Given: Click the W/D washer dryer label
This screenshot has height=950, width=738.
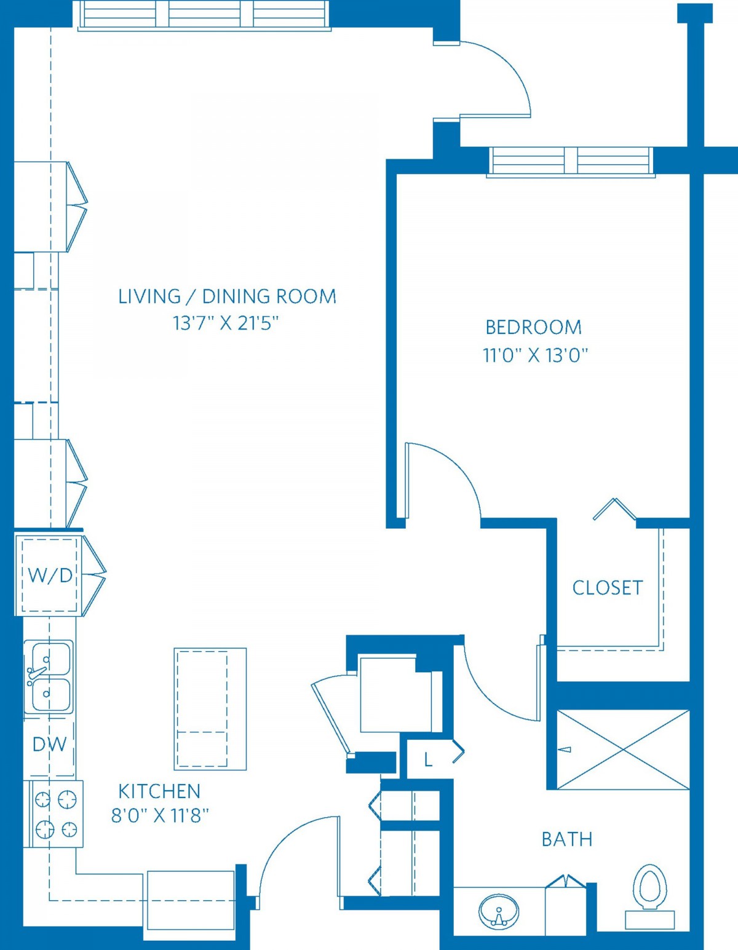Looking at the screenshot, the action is pos(50,576).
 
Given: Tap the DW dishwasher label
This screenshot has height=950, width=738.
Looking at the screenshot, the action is pos(50,744).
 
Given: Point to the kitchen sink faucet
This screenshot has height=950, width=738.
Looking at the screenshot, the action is pos(37,675).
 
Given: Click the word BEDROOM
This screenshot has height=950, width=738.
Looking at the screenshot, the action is pos(533,328).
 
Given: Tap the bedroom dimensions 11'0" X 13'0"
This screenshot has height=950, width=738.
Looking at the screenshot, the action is pos(535,355).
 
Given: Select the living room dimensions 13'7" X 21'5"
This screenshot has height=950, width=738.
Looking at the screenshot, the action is pos(226,324).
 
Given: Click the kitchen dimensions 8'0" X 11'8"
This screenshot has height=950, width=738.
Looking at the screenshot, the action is pos(160,816).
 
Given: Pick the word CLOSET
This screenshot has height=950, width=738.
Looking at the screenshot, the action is pos(608,588).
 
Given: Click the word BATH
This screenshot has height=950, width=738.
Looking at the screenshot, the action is pos(567,839).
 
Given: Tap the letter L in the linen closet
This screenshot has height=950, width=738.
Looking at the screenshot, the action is pos(429,761).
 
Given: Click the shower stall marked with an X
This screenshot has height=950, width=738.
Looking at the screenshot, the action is pos(624,750).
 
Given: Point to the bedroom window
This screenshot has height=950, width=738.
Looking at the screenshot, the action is pos(571,161).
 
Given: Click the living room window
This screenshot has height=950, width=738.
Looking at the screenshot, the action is pos(204,15).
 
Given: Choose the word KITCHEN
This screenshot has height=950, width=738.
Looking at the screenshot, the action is pos(159,791).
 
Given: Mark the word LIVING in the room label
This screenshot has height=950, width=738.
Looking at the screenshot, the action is pos(149,296).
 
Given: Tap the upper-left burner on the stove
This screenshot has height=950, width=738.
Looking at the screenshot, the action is pos(43,799).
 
